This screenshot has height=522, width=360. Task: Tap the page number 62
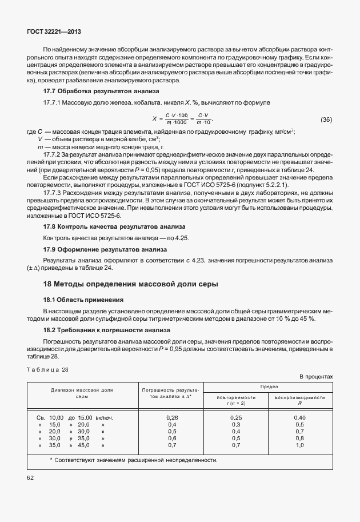pos(30,477)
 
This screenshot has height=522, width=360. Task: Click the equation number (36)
pos(326,119)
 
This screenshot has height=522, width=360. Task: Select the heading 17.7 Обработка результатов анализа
pos(102,91)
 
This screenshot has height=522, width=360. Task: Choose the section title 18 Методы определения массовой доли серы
pos(130,284)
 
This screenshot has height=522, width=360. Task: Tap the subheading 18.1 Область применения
pos(83,300)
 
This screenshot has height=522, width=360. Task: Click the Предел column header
pos(268,386)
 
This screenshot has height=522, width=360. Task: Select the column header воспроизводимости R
pos(299,400)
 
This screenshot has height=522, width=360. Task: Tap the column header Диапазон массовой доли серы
pos(82,393)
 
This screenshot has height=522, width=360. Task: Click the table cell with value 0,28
pos(171,417)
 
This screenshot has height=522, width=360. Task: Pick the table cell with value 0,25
pos(235,417)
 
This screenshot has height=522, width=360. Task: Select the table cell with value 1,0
pos(299,445)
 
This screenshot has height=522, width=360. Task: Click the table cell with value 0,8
pos(299,438)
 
